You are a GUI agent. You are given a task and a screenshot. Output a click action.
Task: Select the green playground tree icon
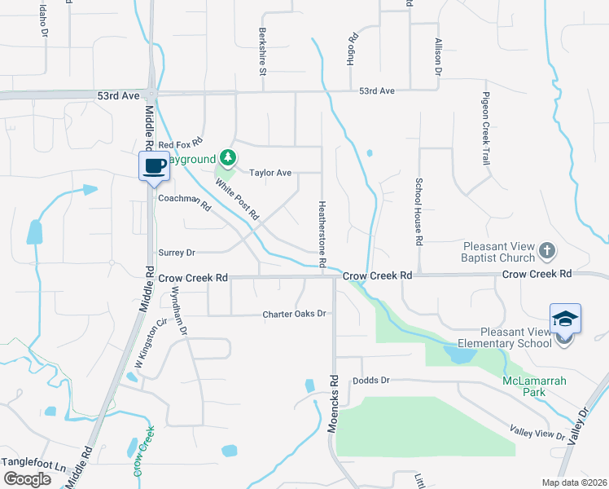(x=229, y=157)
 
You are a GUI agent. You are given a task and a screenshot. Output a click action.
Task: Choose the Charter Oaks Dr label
(x=294, y=314)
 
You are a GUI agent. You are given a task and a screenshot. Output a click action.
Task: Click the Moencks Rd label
(x=333, y=403)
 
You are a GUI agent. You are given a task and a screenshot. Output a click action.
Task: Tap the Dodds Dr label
(x=372, y=381)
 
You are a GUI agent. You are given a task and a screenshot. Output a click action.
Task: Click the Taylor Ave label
(x=270, y=173)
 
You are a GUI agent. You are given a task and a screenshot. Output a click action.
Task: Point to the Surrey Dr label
(x=177, y=253)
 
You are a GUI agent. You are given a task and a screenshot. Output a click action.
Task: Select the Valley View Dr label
(x=537, y=434)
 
